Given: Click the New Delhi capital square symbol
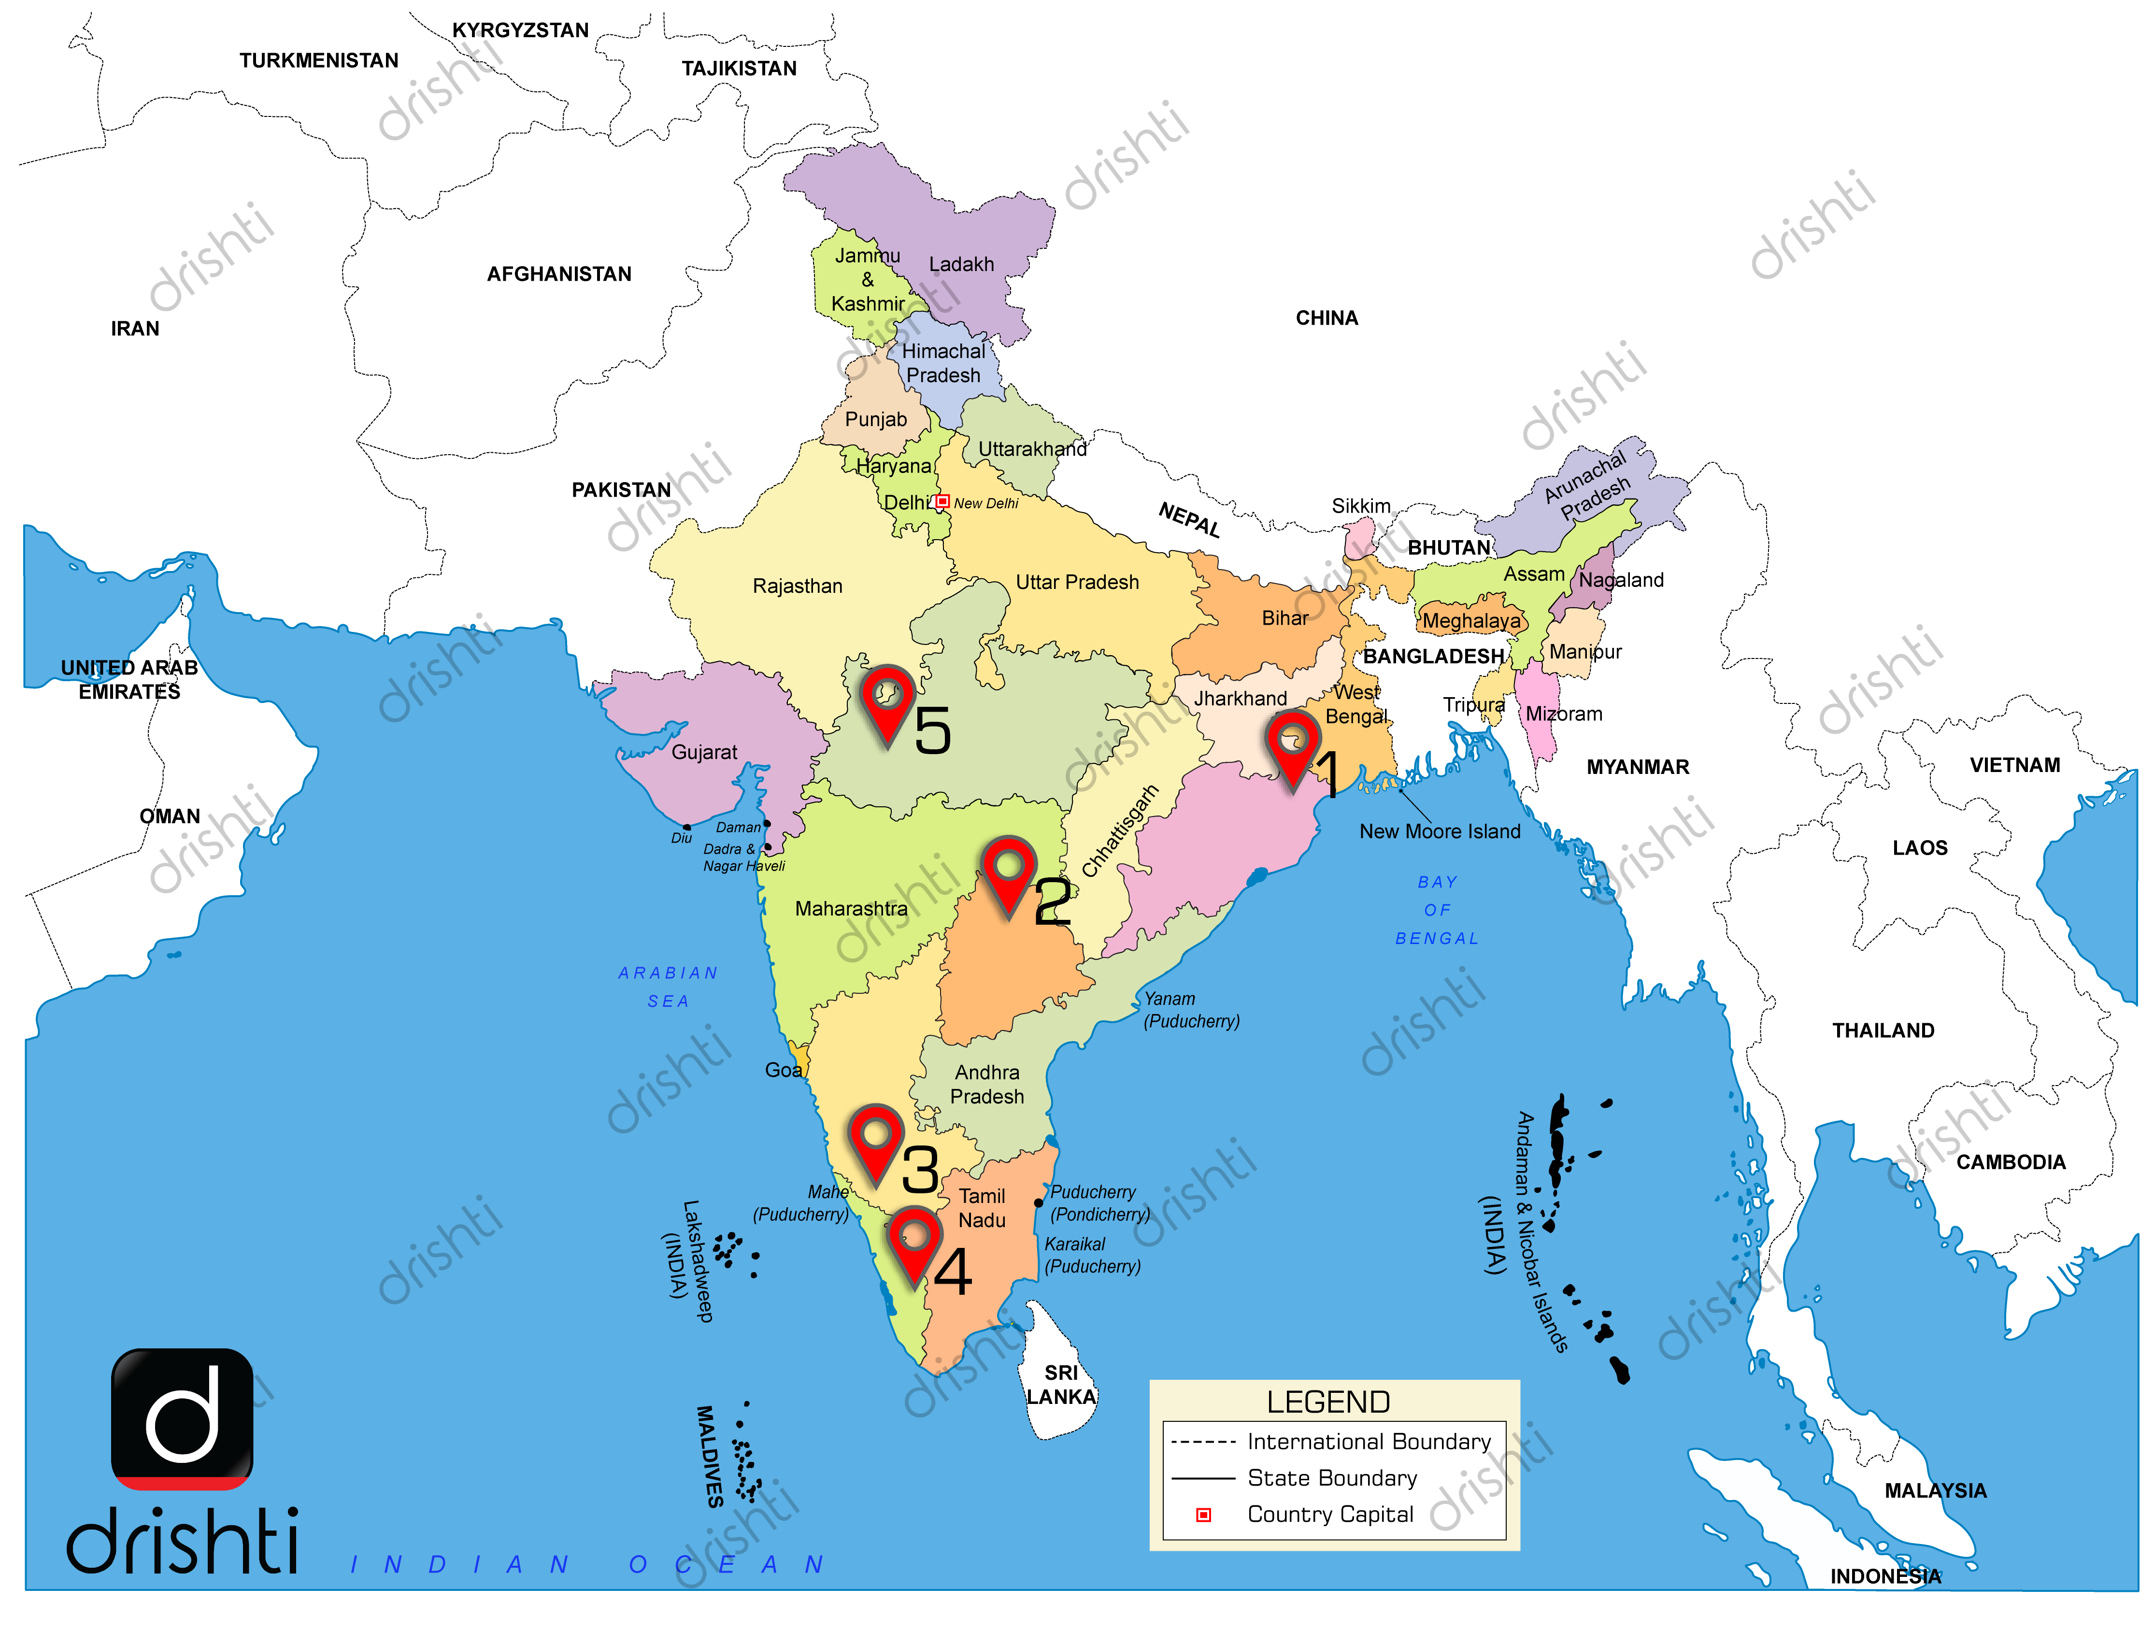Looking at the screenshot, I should [x=941, y=501].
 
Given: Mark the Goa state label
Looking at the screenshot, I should [x=783, y=1070].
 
